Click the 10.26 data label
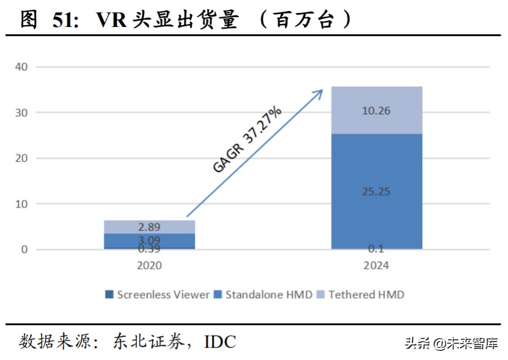coord(376,111)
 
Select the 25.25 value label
coord(376,192)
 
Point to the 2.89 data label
coord(150,227)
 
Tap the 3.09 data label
coord(150,239)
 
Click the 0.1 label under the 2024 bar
coord(376,248)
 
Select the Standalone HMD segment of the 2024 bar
coord(376,165)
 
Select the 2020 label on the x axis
coord(150,266)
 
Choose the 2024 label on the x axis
coord(376,266)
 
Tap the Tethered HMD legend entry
coord(361,294)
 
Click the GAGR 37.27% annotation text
coord(248,140)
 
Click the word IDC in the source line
coord(220,342)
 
